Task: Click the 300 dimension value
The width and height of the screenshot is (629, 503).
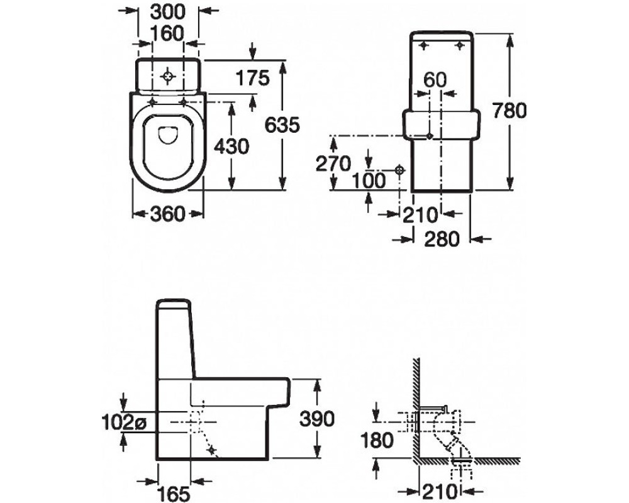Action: (168, 11)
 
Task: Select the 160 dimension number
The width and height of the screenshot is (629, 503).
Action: (167, 34)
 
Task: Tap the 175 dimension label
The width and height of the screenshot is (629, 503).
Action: (252, 78)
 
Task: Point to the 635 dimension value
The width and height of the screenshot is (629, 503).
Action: (282, 125)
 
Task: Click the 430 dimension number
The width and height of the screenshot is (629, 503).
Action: (231, 146)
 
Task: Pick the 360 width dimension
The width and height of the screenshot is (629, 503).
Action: (168, 214)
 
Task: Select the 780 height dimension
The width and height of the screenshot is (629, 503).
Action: (509, 111)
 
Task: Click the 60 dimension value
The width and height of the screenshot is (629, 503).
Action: (435, 80)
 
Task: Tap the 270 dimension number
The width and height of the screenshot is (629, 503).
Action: (333, 163)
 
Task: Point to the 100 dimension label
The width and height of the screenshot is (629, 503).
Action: (369, 180)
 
